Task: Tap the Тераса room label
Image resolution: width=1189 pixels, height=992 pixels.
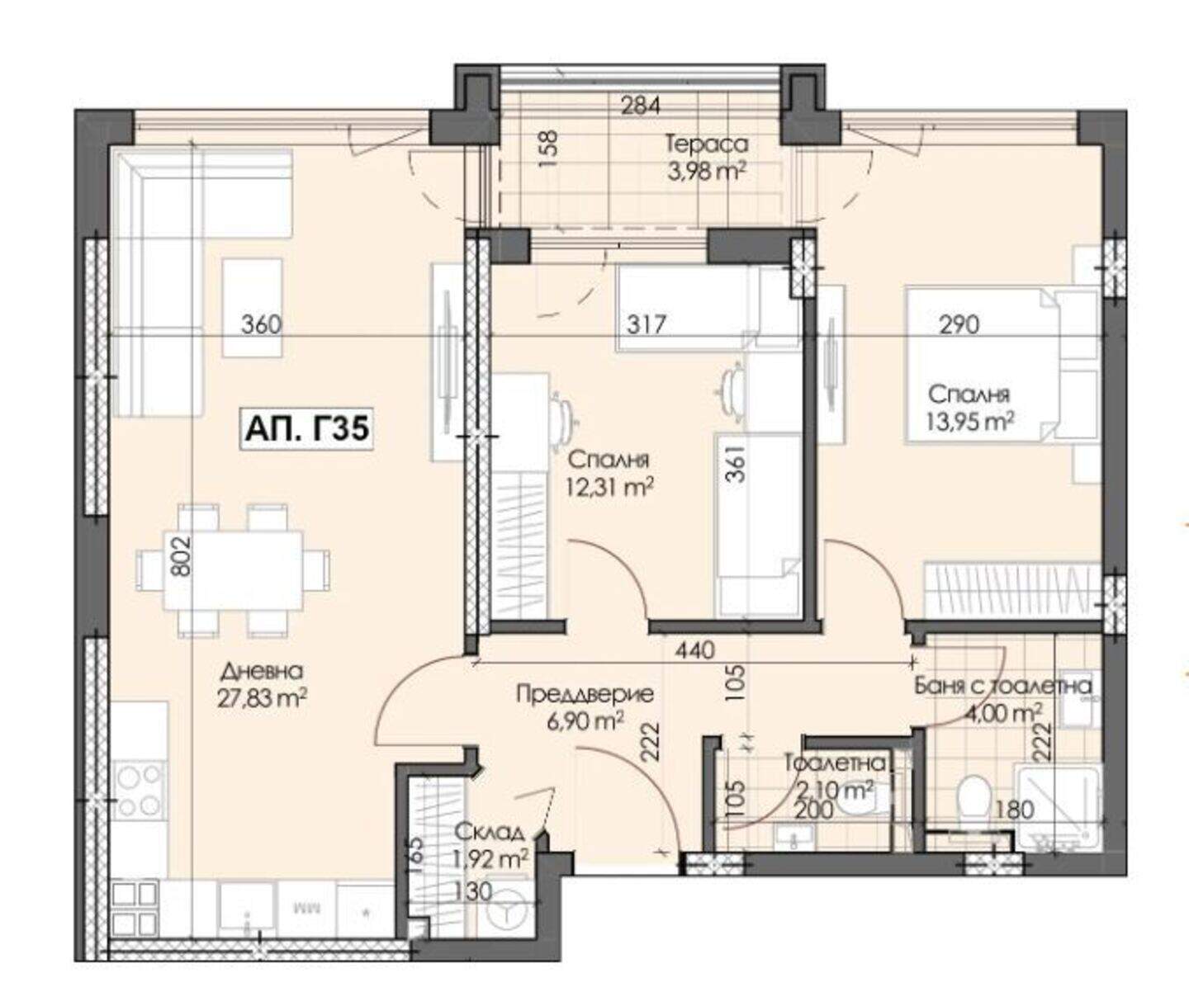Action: point(708,144)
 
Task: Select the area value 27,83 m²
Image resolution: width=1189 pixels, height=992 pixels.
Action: point(263,699)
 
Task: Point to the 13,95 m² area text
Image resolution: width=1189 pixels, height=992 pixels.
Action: point(971,423)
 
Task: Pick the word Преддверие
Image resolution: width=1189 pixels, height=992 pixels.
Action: point(585,694)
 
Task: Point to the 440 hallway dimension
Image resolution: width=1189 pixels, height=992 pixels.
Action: point(694,650)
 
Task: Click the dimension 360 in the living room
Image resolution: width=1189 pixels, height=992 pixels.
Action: point(262,325)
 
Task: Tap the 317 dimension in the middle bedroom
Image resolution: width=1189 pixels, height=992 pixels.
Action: point(647,325)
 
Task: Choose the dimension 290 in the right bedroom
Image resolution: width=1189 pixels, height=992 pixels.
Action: point(959,325)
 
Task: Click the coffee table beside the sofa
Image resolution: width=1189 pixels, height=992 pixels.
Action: point(253,308)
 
